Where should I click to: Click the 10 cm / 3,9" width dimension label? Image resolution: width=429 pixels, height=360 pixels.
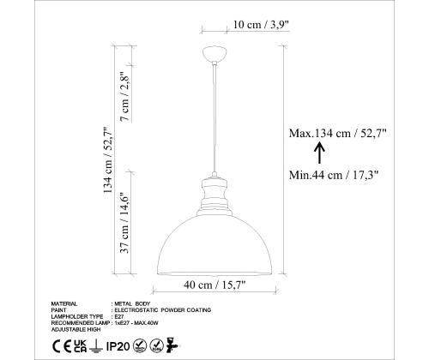point(261,25)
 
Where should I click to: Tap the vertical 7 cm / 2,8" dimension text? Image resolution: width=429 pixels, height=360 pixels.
point(125,96)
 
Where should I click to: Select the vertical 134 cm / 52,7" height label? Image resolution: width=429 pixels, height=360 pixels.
point(108,160)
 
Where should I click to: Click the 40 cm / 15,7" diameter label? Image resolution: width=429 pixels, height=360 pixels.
point(214,285)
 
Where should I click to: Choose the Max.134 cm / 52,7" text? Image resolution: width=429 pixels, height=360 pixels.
point(337,133)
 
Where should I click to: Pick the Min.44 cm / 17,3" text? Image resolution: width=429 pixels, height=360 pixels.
point(334,175)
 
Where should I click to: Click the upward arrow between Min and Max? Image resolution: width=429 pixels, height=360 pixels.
point(319,153)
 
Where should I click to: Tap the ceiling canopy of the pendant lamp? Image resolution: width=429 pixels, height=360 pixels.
point(214,53)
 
